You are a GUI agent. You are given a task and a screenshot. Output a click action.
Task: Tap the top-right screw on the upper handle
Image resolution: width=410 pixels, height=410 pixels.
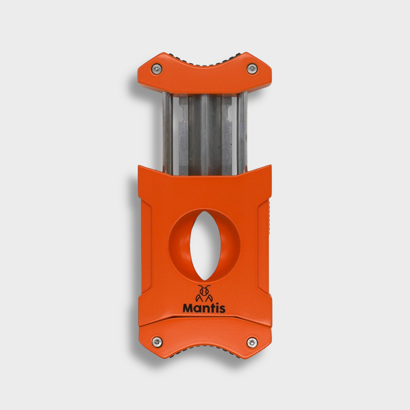click(252, 68)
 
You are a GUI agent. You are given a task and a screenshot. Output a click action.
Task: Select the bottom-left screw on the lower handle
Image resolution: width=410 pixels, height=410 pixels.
click(157, 341)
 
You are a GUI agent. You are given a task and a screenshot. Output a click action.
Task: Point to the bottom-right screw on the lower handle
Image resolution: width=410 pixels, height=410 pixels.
click(252, 341)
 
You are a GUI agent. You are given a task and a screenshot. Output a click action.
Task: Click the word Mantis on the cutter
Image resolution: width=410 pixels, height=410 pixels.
click(204, 308)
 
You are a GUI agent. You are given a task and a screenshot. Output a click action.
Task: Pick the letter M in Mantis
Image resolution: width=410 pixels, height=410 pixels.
click(188, 308)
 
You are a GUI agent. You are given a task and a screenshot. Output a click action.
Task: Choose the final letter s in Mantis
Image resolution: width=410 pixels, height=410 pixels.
click(222, 309)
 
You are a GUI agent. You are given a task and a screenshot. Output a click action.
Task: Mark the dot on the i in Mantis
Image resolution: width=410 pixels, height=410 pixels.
click(216, 304)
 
